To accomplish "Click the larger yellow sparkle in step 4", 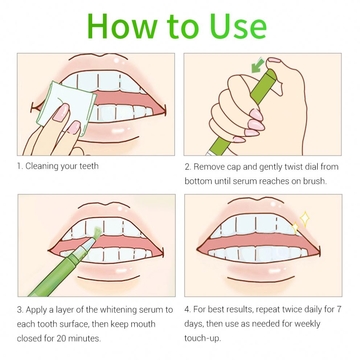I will click(304, 218).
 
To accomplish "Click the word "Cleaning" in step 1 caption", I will click(42, 166).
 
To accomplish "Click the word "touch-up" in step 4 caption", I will click(202, 338).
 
